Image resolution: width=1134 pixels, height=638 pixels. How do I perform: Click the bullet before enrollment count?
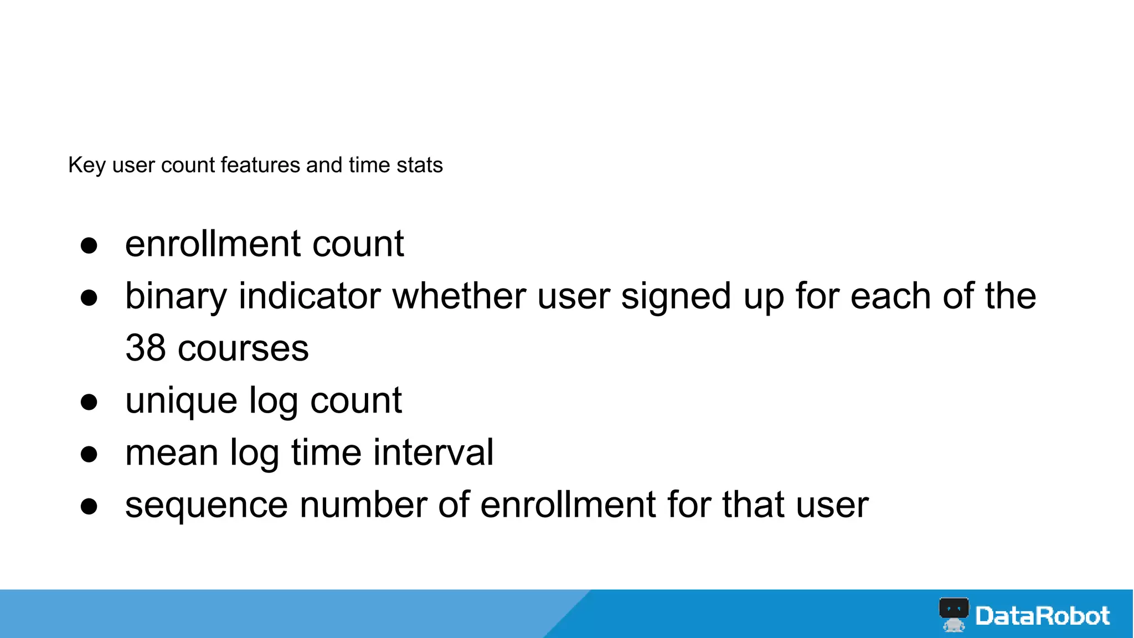tap(89, 245)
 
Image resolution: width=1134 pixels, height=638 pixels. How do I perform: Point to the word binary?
tap(176, 296)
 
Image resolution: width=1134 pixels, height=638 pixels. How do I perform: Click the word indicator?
tap(309, 296)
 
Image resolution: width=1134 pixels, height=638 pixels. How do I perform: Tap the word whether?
tap(458, 296)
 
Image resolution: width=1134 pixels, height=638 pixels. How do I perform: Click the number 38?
tap(145, 348)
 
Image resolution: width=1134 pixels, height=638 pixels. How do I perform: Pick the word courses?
tap(243, 348)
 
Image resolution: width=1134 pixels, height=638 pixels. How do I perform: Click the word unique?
tap(181, 401)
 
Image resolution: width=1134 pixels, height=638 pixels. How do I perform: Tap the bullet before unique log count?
tap(89, 402)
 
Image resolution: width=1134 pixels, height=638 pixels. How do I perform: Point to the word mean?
tap(172, 453)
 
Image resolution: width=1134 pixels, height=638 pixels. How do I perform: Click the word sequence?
tap(207, 505)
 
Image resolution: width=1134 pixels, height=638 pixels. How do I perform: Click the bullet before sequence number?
tap(89, 506)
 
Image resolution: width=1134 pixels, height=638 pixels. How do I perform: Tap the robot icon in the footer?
tap(953, 614)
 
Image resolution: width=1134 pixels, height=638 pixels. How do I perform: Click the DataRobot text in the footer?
tap(1042, 616)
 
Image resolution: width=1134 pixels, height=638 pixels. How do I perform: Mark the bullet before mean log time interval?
tap(89, 454)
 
